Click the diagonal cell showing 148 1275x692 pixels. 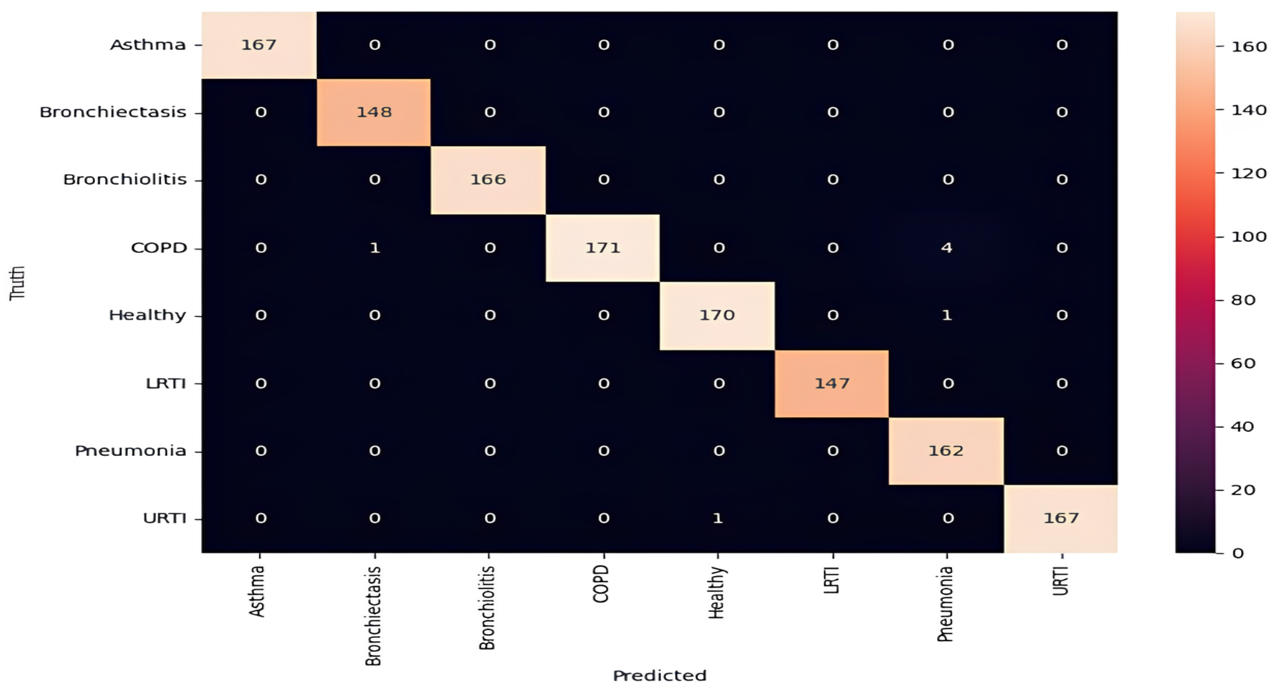point(374,112)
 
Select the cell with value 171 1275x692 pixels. point(602,248)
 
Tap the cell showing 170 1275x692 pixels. point(717,315)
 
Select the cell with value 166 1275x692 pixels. point(488,179)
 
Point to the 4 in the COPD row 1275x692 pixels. point(946,248)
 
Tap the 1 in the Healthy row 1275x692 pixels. point(946,315)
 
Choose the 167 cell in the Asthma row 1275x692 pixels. point(259,45)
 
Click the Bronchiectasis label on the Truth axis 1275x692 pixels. point(113,112)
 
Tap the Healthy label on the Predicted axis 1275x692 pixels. point(716,593)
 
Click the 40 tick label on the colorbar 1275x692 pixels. point(1242,427)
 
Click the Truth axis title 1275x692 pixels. point(17,283)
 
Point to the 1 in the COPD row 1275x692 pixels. point(375,248)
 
